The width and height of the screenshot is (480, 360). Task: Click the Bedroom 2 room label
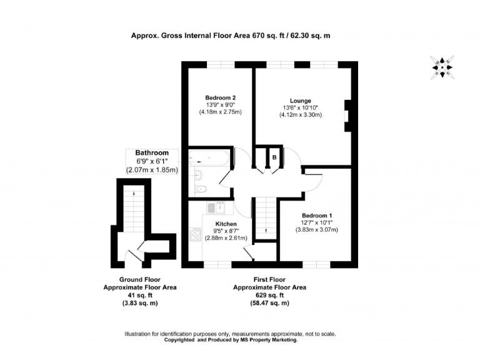click(220, 97)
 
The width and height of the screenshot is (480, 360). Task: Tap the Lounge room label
click(300, 101)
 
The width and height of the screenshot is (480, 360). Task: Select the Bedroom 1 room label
click(316, 216)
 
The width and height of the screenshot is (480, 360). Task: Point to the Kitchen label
click(226, 224)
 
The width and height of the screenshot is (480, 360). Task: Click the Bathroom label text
click(152, 153)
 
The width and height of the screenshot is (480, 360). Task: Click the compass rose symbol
click(442, 67)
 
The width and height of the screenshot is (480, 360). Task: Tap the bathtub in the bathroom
click(210, 158)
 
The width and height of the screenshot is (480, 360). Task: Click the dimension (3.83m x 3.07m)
click(316, 230)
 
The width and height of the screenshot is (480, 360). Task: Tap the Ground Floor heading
click(139, 279)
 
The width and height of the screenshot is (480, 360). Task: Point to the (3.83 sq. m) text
click(139, 303)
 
